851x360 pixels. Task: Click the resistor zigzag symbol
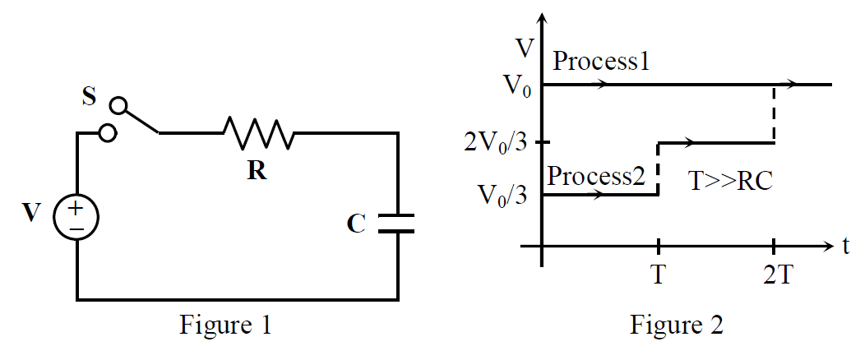(x=258, y=132)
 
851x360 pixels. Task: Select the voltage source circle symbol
(x=76, y=217)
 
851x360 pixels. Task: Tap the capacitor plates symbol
(x=398, y=224)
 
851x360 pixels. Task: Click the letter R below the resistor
(x=258, y=171)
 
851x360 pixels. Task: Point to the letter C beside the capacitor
(x=355, y=224)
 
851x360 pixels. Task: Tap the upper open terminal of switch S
(x=119, y=105)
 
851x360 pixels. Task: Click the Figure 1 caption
(x=225, y=325)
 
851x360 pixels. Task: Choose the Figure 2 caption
(x=676, y=325)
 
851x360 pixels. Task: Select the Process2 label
(x=596, y=176)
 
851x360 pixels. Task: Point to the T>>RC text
(x=730, y=182)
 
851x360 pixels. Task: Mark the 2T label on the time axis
(x=779, y=276)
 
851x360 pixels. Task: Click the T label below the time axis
(x=658, y=276)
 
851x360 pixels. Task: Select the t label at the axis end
(x=845, y=247)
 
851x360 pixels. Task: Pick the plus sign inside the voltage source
(x=76, y=208)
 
